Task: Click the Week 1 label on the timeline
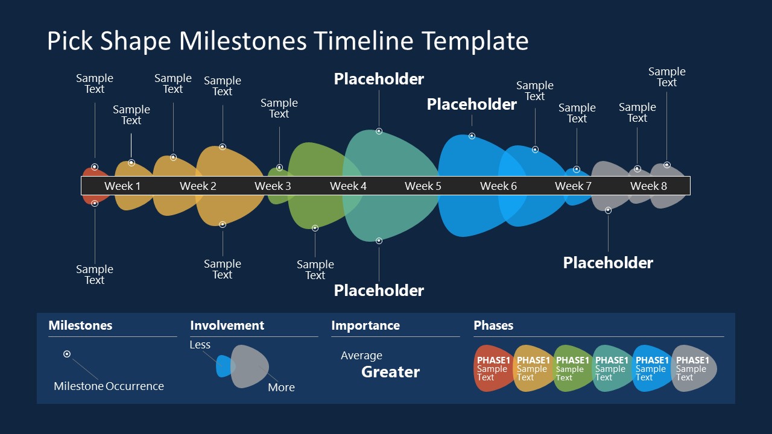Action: click(x=122, y=186)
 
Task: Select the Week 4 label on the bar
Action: click(x=348, y=186)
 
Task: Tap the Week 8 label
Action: click(x=648, y=186)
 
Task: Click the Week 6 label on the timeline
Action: click(x=498, y=186)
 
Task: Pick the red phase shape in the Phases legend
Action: click(x=492, y=368)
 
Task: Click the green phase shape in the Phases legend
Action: click(x=572, y=368)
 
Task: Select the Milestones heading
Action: click(x=80, y=325)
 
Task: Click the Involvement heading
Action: click(x=227, y=325)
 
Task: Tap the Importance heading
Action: click(x=365, y=325)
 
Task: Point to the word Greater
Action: click(x=390, y=372)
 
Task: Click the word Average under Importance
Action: click(x=361, y=356)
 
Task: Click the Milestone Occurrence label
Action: click(x=109, y=386)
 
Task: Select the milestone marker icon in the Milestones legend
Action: click(x=67, y=354)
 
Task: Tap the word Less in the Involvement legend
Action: click(x=200, y=345)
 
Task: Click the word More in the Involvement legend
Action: click(x=281, y=388)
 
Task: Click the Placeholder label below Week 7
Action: click(x=608, y=263)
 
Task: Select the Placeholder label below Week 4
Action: click(x=379, y=291)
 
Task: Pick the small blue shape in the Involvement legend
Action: click(x=223, y=366)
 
